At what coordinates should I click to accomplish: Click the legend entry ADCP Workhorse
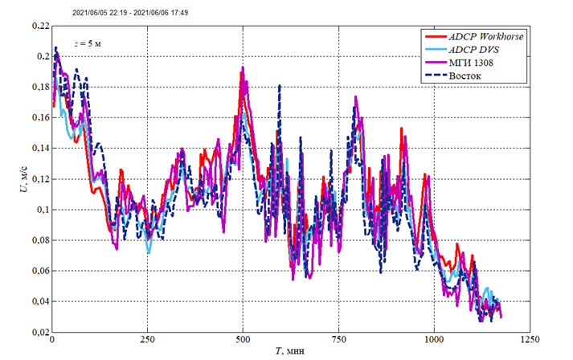485,37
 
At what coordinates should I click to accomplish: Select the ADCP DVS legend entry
474,51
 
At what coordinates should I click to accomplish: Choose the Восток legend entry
464,76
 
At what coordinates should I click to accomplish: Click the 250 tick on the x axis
147,340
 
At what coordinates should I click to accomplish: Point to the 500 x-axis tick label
243,340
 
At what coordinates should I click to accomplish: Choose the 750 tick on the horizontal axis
338,340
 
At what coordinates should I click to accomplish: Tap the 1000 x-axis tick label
435,340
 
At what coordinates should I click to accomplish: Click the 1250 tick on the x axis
530,340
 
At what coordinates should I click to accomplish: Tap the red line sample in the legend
435,37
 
